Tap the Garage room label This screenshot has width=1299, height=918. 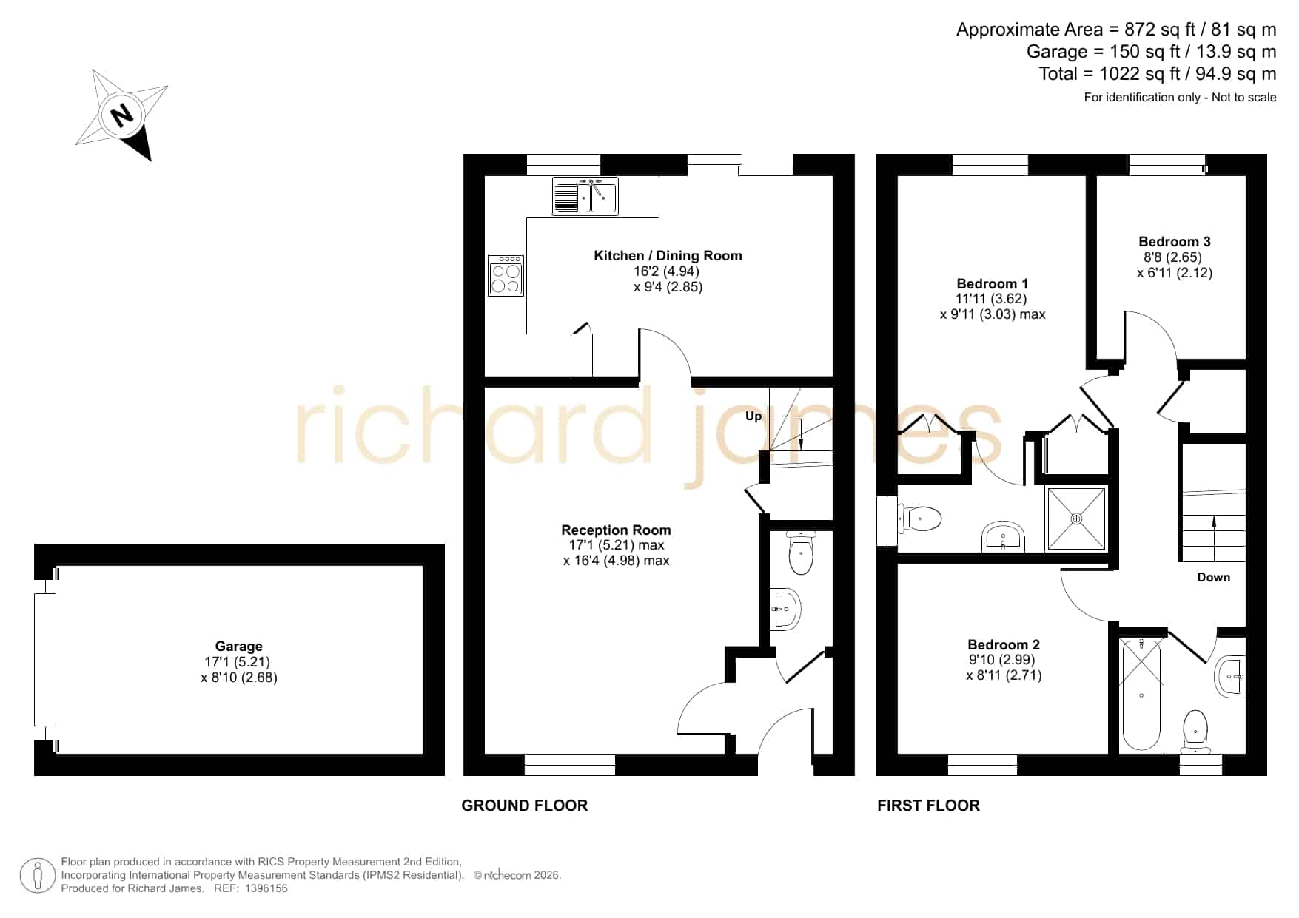coord(238,646)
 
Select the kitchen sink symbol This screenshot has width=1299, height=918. coord(585,196)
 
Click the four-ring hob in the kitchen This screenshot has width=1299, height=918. coord(506,276)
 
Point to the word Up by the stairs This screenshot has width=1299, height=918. coord(753,416)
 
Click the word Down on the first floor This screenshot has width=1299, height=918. coord(1214,577)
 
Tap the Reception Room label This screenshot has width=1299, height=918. coord(616,530)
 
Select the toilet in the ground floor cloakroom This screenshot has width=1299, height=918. coord(801,552)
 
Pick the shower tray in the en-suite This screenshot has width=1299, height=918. coord(1077,519)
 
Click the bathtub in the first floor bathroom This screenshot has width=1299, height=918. coord(1141,695)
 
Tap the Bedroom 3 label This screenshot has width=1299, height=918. coord(1175,241)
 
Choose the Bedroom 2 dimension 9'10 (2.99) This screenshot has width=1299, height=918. coord(1002,660)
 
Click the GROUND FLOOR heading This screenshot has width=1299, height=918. coord(525,806)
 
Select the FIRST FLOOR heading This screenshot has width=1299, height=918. coord(928,806)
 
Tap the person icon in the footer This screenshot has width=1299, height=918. coord(37,876)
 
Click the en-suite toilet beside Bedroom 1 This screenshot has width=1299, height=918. coord(920,519)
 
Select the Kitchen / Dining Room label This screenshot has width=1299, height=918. coord(668,256)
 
